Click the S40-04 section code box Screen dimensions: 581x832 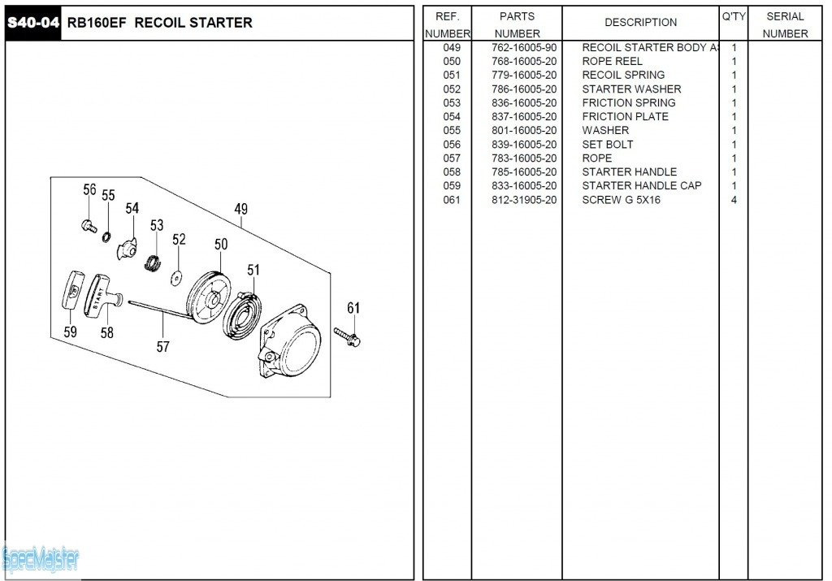[x=33, y=23]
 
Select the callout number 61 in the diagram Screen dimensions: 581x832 [x=353, y=308]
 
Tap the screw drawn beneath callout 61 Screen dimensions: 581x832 [x=348, y=335]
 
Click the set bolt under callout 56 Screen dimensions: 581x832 [x=89, y=225]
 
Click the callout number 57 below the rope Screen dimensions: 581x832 [x=163, y=347]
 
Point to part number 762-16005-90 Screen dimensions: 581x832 [x=524, y=47]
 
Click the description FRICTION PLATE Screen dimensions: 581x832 [x=625, y=116]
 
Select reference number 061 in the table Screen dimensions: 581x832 [x=452, y=200]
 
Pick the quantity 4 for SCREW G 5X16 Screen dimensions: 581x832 [x=734, y=200]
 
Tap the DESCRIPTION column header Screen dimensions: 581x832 [x=640, y=23]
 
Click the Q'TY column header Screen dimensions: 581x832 [x=733, y=16]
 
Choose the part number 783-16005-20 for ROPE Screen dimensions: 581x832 [x=524, y=158]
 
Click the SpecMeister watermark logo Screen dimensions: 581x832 [x=41, y=559]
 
